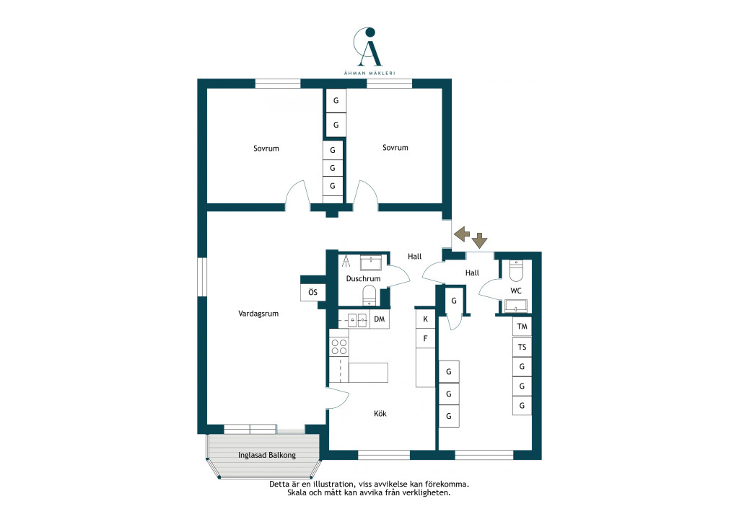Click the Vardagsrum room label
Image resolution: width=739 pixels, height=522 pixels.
tap(258, 314)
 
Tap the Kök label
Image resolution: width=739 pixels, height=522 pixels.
tap(380, 413)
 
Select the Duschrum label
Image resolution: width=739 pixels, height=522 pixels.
tap(363, 278)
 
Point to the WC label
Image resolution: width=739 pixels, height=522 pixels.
tap(516, 291)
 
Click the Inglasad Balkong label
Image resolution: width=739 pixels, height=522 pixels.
tap(267, 455)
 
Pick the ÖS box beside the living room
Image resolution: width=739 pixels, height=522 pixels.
tap(313, 292)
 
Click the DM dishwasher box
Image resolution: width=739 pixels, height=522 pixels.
tap(380, 319)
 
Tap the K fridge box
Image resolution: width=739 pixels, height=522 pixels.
tap(425, 319)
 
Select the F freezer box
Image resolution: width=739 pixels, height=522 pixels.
tap(425, 338)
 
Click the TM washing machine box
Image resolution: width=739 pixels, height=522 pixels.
tap(522, 326)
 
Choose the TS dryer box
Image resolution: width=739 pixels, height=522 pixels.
tap(522, 347)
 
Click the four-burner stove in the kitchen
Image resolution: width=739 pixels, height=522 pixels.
tap(339, 347)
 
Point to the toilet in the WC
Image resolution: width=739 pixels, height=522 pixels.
tap(517, 270)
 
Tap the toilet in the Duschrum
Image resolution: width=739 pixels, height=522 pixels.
tap(369, 296)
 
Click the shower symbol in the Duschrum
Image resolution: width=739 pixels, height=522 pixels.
tap(346, 261)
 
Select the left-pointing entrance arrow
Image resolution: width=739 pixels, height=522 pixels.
tap(462, 234)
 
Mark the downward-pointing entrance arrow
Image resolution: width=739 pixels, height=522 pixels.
tap(480, 241)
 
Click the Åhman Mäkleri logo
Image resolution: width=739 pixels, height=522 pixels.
tap(369, 51)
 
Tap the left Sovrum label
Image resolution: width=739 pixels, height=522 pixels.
tap(266, 149)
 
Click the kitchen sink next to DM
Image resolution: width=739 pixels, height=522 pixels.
tap(357, 320)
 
